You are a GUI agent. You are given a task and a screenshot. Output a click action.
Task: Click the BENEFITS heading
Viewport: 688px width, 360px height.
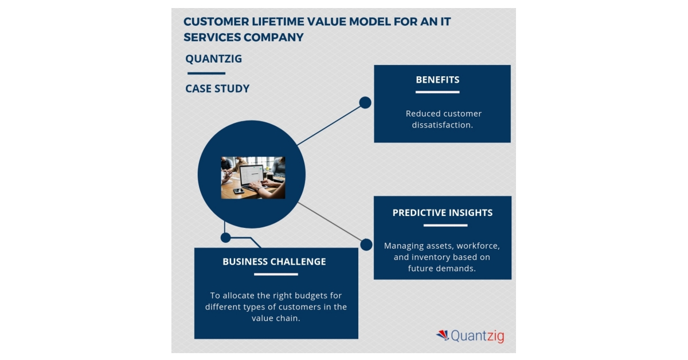pos(437,80)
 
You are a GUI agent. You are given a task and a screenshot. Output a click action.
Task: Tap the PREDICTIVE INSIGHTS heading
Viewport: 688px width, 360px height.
pos(442,212)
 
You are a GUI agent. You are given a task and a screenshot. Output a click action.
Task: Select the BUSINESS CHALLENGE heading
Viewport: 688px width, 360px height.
pos(274,262)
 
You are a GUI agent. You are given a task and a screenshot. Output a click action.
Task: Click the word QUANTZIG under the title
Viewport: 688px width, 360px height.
pos(214,59)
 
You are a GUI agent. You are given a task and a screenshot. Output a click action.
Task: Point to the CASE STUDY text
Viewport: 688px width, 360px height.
pos(217,88)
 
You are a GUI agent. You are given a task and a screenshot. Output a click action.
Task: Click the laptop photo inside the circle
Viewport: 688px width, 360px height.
pos(253,177)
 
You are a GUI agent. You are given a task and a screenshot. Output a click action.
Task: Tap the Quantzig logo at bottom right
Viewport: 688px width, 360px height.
pos(470,335)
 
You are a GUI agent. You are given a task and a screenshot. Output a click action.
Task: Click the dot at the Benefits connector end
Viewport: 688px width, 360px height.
pos(365,103)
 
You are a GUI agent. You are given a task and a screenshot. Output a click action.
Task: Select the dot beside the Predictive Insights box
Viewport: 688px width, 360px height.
pos(366,245)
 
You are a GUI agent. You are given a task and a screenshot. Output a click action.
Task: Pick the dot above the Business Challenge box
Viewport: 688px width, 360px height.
pos(226,237)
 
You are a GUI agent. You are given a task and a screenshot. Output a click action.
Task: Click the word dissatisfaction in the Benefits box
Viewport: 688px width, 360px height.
pos(442,125)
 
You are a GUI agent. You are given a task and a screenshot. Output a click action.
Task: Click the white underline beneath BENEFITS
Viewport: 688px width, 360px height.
pos(437,92)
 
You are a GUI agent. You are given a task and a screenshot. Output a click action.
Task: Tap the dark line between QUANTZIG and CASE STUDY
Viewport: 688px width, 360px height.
pos(206,73)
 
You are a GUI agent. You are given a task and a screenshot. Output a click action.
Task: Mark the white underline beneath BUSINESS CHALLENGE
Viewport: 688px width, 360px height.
pos(276,274)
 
